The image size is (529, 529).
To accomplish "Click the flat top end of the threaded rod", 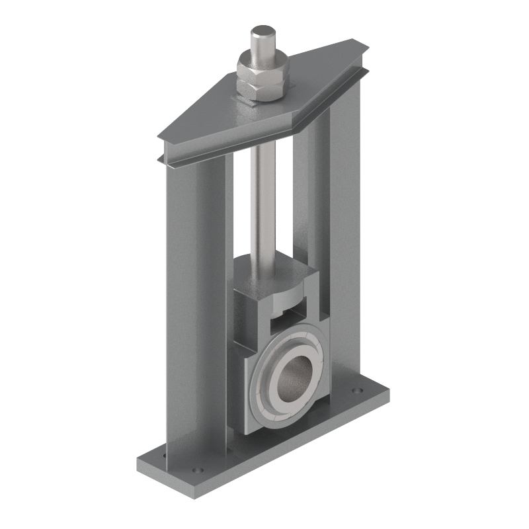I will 263,31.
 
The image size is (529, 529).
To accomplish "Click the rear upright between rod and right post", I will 302,198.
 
